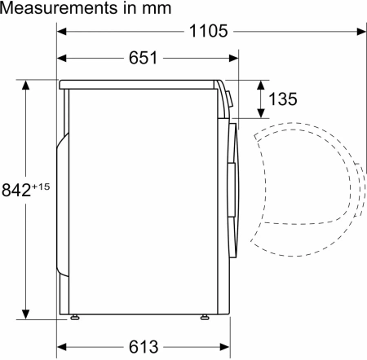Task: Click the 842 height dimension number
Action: tap(16, 190)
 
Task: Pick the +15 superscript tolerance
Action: tap(41, 186)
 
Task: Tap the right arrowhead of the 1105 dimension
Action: tap(360, 32)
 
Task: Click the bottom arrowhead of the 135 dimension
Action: tap(262, 114)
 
